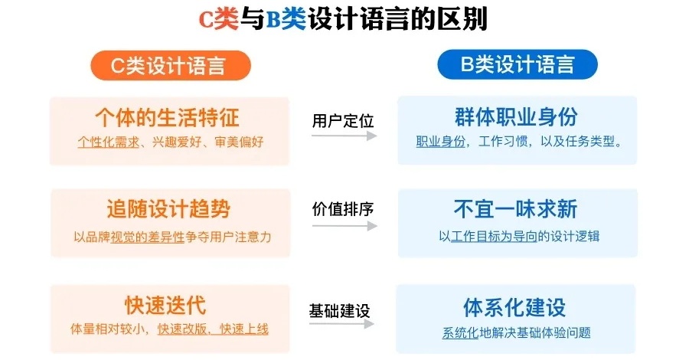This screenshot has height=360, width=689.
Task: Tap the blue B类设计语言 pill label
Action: point(518,65)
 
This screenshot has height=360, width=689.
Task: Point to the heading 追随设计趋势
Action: point(168,209)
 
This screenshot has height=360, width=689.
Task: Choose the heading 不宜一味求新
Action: point(515,209)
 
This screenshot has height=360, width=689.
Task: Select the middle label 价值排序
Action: point(342,209)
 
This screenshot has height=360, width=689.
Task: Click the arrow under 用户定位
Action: point(344,136)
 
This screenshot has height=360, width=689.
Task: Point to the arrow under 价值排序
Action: point(344,226)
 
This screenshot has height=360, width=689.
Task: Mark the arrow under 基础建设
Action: point(342,324)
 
